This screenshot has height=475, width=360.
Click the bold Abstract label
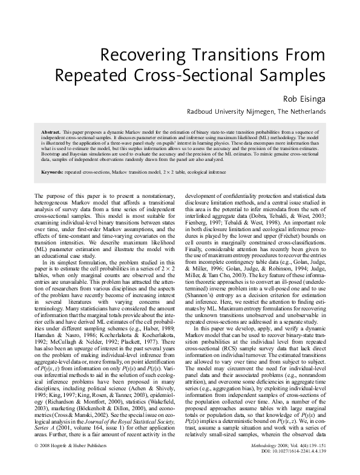tap(50, 131)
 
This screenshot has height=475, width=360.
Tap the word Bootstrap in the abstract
tap(51, 154)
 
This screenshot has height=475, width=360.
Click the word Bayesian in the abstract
tap(83, 154)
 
